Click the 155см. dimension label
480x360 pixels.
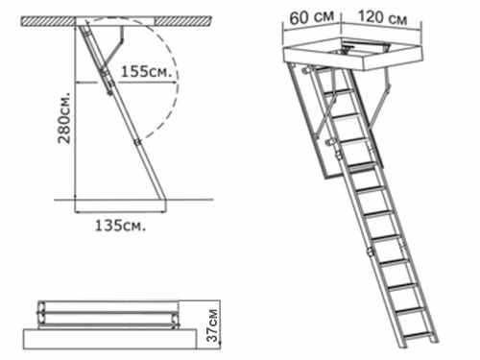pos(145,72)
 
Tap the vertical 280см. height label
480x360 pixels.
pos(64,118)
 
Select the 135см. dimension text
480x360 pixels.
pos(120,226)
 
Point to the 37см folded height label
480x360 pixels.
pos(212,324)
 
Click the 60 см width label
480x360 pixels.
pos(312,17)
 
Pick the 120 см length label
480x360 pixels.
pos(382,16)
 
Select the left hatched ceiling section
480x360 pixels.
pos(48,21)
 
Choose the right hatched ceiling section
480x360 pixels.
pos(183,21)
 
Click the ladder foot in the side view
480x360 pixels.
pos(162,204)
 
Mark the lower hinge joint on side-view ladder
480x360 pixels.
pos(137,142)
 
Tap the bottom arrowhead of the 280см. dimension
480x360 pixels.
pos(75,196)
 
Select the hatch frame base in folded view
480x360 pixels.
pos(109,339)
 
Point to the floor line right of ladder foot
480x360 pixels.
pos(190,200)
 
